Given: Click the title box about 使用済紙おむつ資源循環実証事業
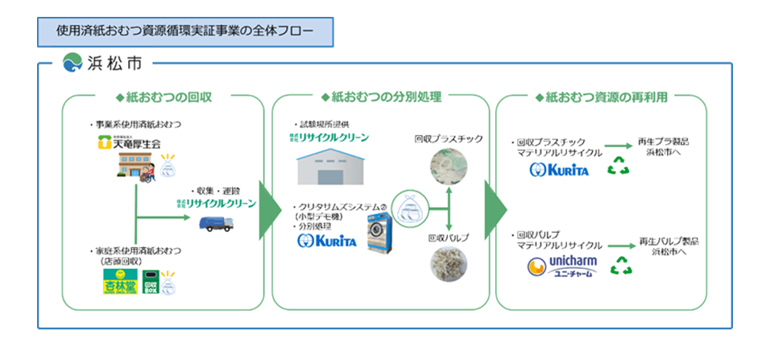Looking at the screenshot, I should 184,30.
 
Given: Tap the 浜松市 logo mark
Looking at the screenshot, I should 72,62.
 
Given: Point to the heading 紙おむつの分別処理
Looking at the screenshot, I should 381,97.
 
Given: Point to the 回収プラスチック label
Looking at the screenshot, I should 449,139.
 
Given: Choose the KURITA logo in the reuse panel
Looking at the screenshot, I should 560,170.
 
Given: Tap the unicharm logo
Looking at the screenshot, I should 561,267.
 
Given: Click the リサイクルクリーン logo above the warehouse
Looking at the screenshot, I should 331,138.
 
